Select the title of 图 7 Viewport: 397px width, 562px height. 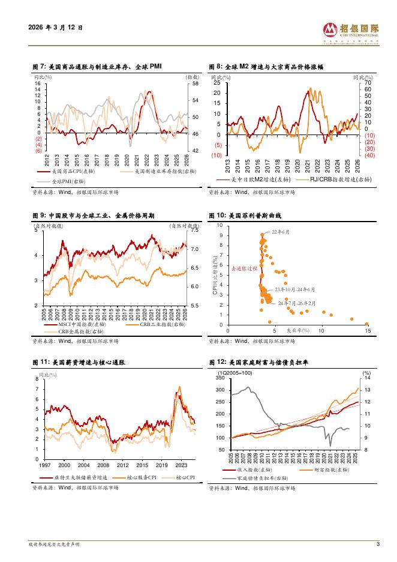(97, 67)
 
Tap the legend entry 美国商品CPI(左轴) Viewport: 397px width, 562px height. (76, 171)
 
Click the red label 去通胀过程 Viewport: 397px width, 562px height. (243, 268)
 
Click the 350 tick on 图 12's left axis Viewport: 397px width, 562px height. (220, 378)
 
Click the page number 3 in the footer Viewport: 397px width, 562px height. (378, 544)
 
